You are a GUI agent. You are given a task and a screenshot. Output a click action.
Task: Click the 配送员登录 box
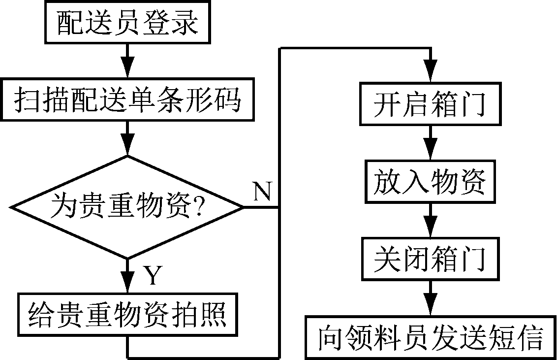pos(128,22)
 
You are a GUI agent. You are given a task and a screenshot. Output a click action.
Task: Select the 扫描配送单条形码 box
pos(128,100)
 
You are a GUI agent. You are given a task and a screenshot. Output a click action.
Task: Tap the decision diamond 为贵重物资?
pos(128,207)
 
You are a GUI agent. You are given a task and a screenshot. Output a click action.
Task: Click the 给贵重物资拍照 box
pos(128,315)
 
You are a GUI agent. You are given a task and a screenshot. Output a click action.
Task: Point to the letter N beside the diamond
pos(262,191)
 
